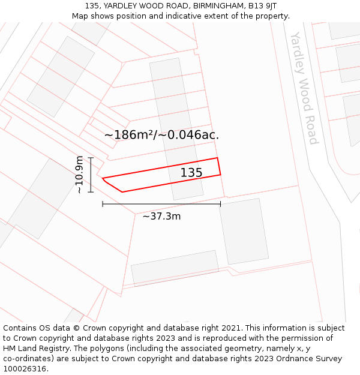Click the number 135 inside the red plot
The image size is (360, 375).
coord(191,173)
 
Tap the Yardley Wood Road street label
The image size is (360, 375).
coord(304,88)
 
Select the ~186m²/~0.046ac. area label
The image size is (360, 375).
coord(161,135)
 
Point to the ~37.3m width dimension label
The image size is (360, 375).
coord(161,216)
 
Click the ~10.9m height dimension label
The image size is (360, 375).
coord(79,175)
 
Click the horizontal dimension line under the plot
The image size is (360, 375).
coord(161,204)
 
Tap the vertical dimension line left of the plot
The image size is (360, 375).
coord(91,175)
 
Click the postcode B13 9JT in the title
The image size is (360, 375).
coord(262,6)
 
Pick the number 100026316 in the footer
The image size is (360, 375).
coord(23,369)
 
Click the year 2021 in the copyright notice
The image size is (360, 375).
coord(230,328)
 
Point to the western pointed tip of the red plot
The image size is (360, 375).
coord(103,178)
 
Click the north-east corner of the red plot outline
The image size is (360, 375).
coord(217,158)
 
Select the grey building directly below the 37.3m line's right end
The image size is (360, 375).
coord(244,232)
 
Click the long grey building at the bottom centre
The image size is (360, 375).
coord(175,268)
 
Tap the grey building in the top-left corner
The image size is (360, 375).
coord(61,76)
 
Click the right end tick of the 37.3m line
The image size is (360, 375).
coord(220,204)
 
